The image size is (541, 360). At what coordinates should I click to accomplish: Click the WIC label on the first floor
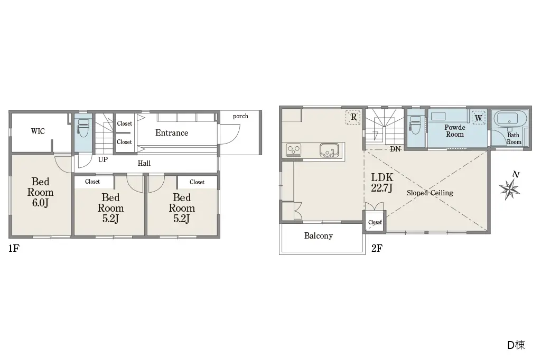38,131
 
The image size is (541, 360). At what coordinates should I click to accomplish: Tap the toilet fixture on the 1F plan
83,128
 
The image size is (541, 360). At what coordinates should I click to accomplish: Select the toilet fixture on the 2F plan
415,125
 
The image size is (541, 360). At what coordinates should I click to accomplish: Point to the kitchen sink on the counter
329,150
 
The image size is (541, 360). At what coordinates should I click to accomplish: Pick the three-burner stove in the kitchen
294,150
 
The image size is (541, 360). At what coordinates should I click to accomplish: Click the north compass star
510,189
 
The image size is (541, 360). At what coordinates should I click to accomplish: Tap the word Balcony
319,236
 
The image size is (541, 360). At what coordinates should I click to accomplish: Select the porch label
240,116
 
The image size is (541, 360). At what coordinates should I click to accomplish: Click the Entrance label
172,133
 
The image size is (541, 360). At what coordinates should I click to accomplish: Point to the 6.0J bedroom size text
40,203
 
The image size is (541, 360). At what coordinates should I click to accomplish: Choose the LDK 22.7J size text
382,183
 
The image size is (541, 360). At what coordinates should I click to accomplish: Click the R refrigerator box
353,117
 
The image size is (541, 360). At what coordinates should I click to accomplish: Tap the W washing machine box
479,118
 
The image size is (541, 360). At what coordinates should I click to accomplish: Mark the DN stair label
395,149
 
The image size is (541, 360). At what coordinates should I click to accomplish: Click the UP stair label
103,159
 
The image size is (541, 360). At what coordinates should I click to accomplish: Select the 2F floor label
377,248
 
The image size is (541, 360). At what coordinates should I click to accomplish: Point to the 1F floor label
14,248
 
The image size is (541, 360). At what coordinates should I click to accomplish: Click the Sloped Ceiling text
430,193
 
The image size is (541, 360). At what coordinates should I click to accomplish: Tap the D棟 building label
516,345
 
